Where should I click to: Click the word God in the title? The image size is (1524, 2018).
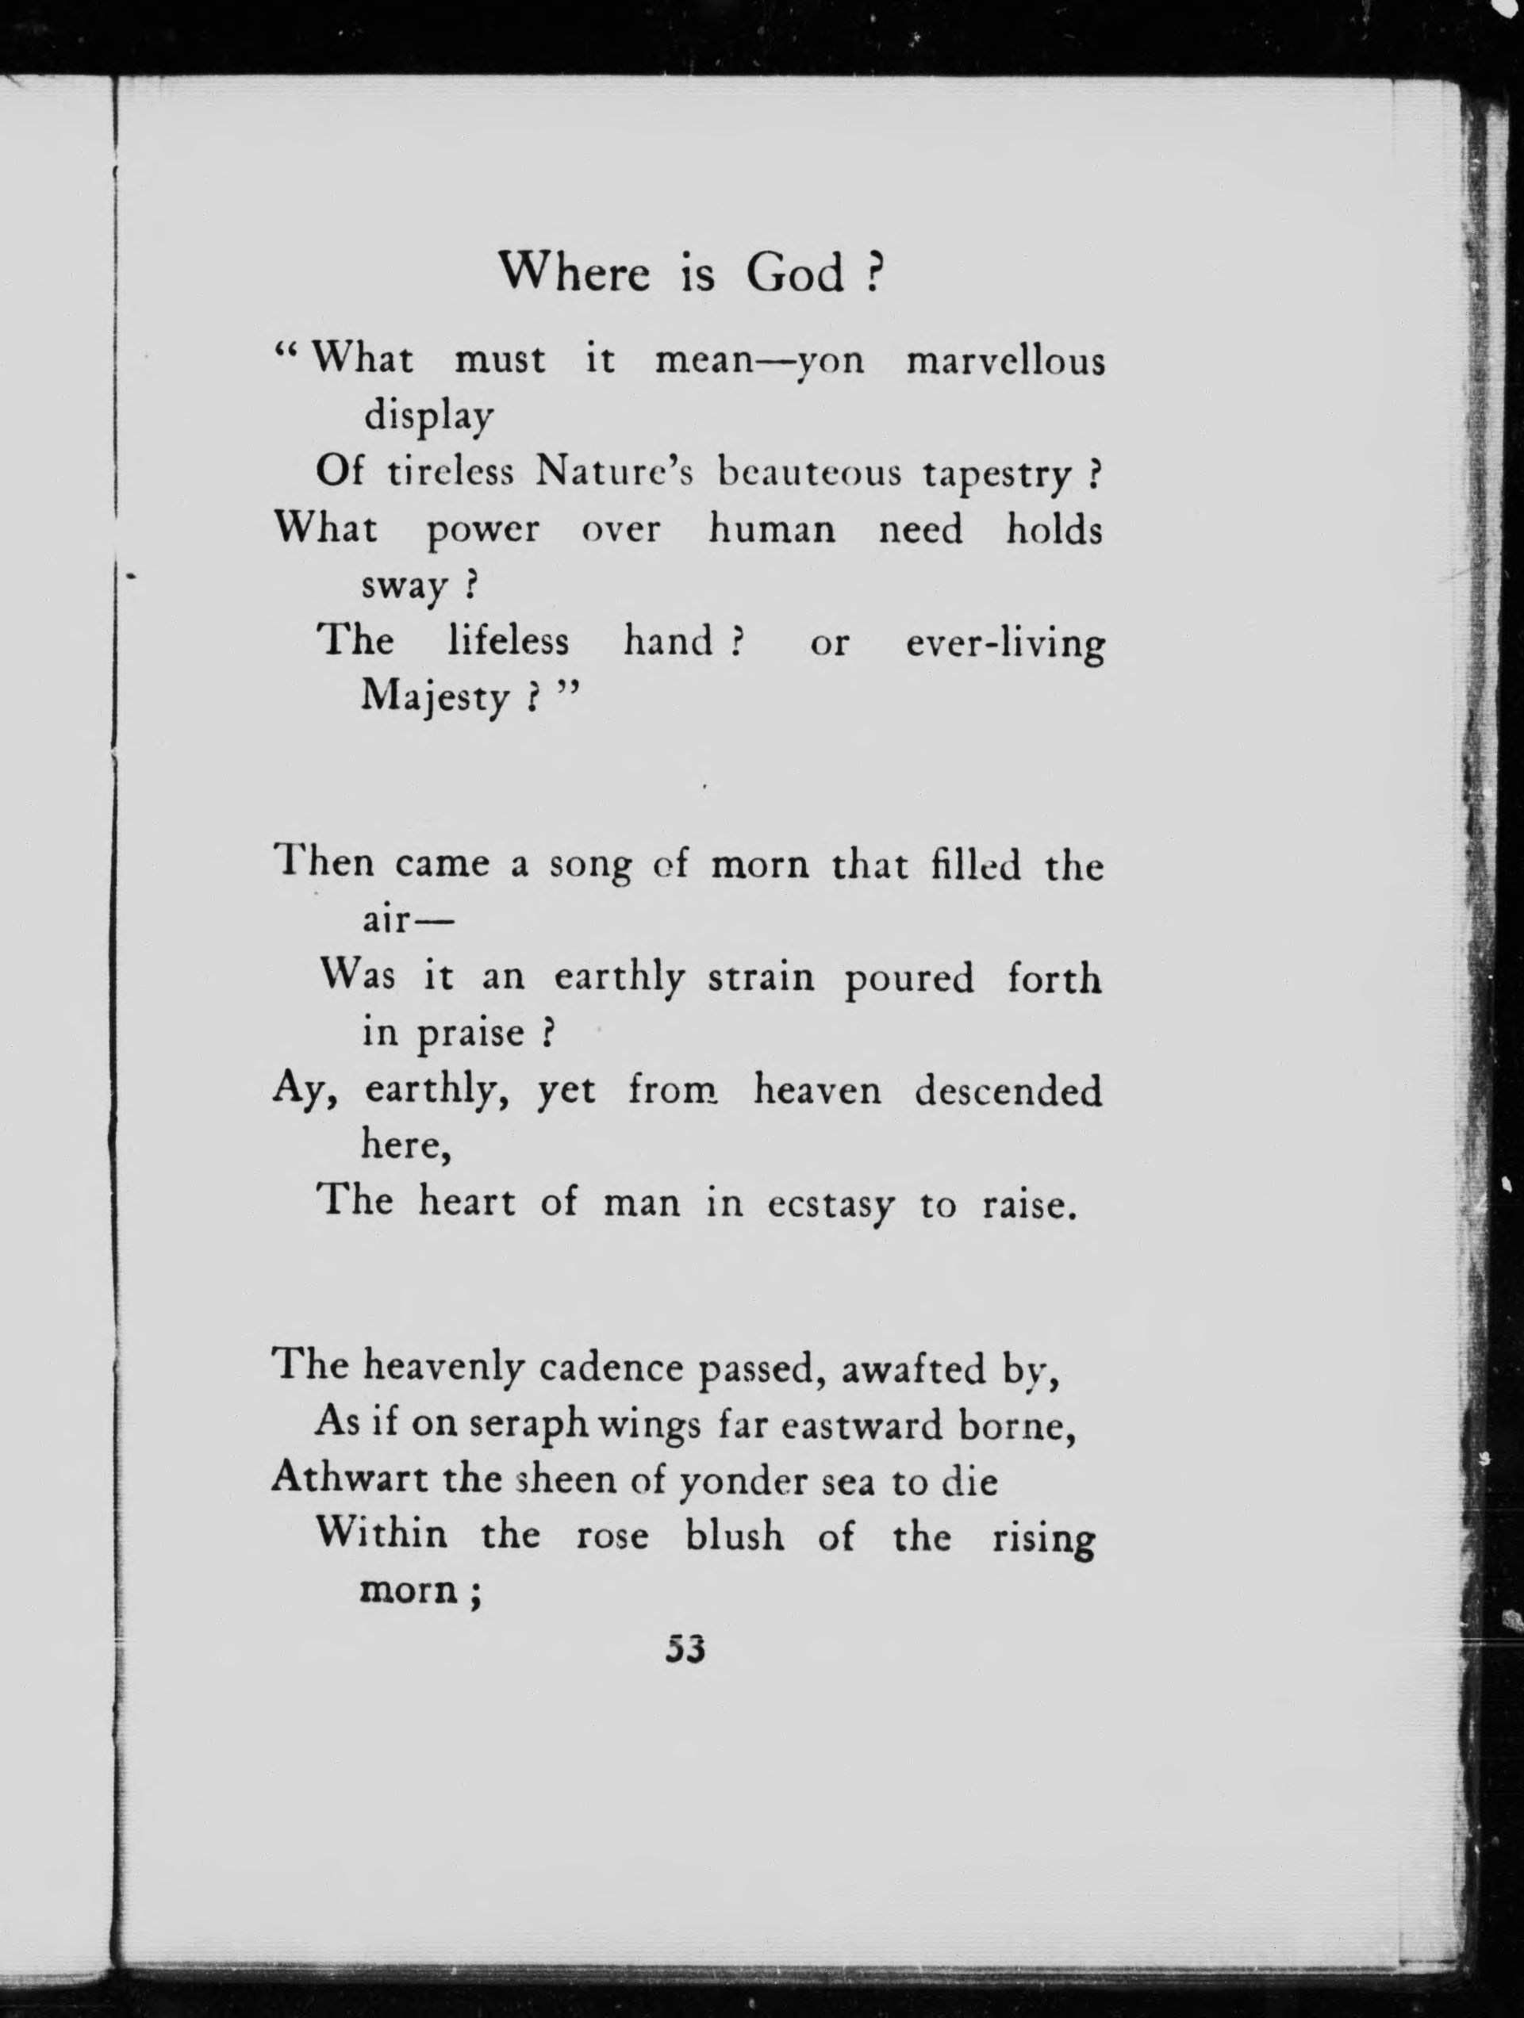point(795,273)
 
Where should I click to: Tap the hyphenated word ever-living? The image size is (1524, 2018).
point(1004,644)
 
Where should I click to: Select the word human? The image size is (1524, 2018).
point(772,529)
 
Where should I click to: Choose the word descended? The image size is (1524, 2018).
point(1008,1091)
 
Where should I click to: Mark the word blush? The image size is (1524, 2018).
point(735,1537)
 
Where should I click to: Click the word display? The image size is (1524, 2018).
point(428,417)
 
